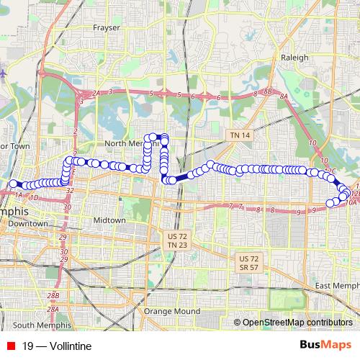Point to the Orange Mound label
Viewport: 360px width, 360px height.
(x=171, y=311)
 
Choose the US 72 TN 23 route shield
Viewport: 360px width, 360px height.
(x=172, y=240)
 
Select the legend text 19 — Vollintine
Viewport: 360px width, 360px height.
(x=57, y=346)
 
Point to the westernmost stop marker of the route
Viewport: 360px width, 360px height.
(x=12, y=184)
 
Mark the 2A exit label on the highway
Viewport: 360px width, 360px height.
(x=96, y=94)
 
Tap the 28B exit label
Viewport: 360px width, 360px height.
(x=53, y=296)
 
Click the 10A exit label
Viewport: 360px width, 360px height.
(x=351, y=203)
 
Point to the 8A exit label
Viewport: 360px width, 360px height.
(x=284, y=96)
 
